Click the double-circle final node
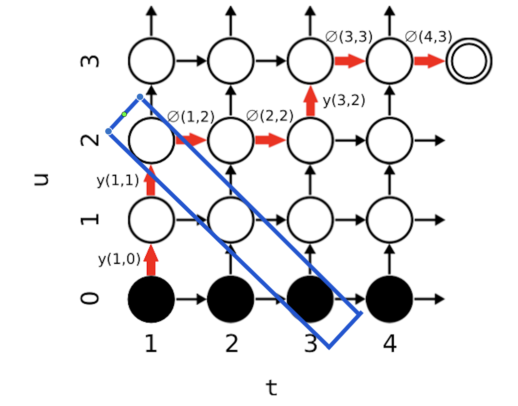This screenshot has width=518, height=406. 469,61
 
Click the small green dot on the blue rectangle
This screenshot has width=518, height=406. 124,114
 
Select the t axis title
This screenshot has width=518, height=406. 272,388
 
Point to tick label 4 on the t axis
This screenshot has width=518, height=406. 389,344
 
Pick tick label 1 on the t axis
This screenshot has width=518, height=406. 151,344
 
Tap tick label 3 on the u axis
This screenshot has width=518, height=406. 90,61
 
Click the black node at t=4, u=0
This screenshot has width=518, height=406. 389,299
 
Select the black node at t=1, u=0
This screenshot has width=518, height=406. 151,299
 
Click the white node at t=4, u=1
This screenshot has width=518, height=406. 389,220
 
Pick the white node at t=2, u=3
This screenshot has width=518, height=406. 231,61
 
